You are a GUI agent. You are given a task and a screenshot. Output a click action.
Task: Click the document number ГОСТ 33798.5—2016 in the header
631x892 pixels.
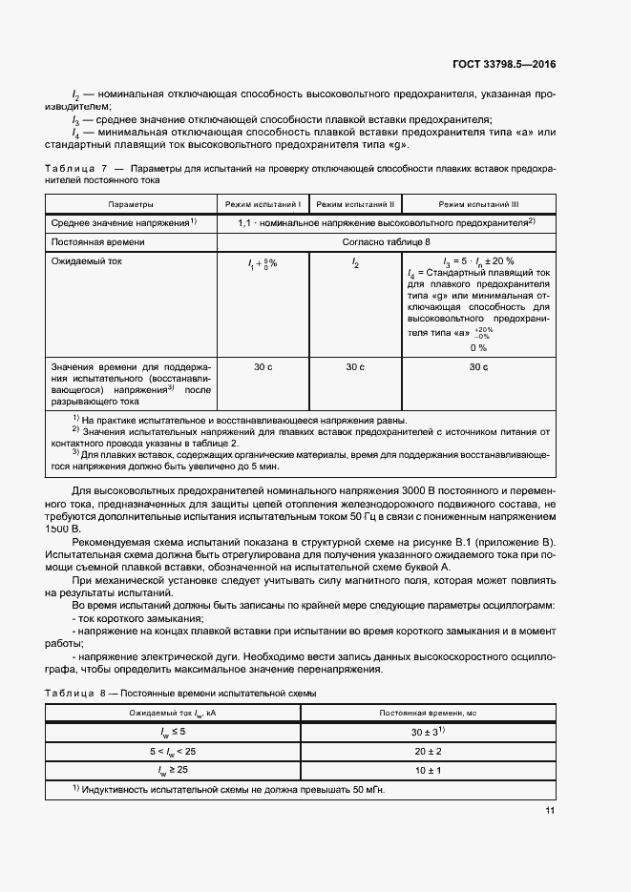[x=502, y=64]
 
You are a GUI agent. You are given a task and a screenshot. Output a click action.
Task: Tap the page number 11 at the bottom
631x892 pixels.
[x=550, y=811]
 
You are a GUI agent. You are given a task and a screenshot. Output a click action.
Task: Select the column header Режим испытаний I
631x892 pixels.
[x=263, y=204]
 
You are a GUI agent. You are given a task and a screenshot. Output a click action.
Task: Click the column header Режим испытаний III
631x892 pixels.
[x=478, y=204]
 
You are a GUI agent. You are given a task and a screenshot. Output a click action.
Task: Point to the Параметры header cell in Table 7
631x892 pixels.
[x=131, y=204]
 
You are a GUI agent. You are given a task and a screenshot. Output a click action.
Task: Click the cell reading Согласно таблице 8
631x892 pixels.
[x=386, y=242]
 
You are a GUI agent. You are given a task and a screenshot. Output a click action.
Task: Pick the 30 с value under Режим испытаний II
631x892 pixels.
[x=354, y=367]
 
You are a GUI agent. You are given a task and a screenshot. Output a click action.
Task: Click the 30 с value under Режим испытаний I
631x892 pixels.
[x=263, y=367]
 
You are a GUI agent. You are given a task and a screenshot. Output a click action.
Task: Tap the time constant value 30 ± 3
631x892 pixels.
[x=426, y=731]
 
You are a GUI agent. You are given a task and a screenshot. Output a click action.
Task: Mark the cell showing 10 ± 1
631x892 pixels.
[x=427, y=768]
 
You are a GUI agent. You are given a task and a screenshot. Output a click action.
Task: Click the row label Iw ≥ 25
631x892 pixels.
[x=172, y=768]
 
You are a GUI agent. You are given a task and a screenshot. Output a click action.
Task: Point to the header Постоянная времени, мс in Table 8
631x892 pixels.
[x=427, y=713]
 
